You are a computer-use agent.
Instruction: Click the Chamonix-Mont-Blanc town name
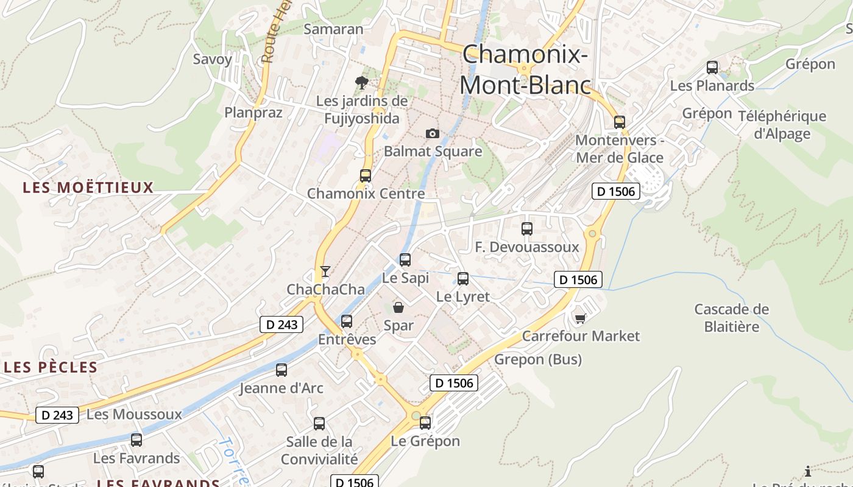coord(525,69)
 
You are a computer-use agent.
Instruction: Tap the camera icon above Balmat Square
coord(432,133)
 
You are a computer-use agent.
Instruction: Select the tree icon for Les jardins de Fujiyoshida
coord(361,82)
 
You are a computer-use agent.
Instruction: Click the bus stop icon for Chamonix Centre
coord(366,176)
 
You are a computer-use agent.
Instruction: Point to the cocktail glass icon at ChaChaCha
coord(325,272)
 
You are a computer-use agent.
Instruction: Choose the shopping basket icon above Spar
coord(398,307)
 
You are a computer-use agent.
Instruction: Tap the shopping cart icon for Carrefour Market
coord(580,318)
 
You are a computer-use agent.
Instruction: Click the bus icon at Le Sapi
coord(405,260)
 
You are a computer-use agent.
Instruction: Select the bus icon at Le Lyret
coord(463,279)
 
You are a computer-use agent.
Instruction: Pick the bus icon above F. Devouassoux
coord(527,229)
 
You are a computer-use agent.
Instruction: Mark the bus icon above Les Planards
coord(712,68)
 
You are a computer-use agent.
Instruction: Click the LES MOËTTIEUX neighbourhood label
coord(88,187)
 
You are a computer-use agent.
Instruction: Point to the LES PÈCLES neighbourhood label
coord(51,367)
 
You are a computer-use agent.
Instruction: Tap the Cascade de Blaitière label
coord(732,318)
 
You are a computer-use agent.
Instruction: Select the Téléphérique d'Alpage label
coord(782,125)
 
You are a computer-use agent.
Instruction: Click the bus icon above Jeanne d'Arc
coord(281,370)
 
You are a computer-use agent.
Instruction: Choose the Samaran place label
coord(333,29)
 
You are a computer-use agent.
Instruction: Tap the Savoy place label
coord(213,59)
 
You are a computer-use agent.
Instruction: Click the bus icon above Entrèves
coord(347,321)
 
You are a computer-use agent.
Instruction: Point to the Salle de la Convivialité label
coord(319,450)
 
